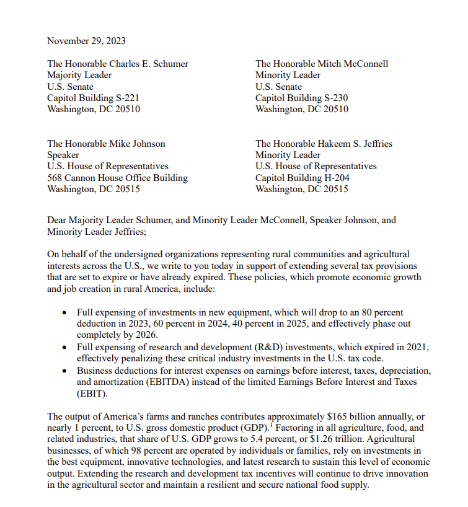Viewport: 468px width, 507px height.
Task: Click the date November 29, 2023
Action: pyautogui.click(x=86, y=41)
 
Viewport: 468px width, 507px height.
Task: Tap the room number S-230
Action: pyautogui.click(x=335, y=98)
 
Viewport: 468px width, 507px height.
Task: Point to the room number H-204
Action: pyautogui.click(x=335, y=178)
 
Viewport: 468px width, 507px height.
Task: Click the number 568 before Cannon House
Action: pyautogui.click(x=56, y=178)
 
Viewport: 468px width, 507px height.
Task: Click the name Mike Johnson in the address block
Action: pyautogui.click(x=138, y=144)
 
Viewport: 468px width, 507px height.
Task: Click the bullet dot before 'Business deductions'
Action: pyautogui.click(x=64, y=371)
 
